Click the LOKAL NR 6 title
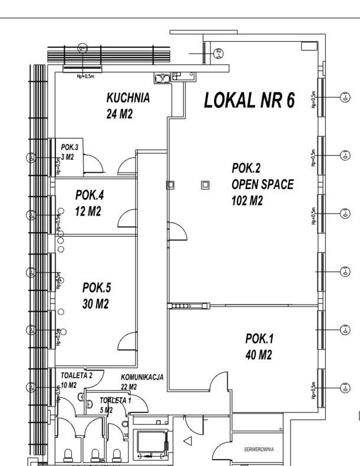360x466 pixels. (x=249, y=101)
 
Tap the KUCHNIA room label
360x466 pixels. (x=127, y=98)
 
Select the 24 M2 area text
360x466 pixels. (x=120, y=114)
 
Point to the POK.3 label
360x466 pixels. (x=70, y=147)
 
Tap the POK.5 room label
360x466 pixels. (x=97, y=287)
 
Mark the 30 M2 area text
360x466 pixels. (x=95, y=304)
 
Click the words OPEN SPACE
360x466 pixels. (x=262, y=184)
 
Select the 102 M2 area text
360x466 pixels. (x=247, y=200)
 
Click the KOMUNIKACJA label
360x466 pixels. (x=142, y=377)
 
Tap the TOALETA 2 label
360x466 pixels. (x=77, y=375)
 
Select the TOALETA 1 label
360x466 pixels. (x=114, y=399)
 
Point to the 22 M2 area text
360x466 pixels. (x=129, y=387)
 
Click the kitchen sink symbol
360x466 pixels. (x=160, y=77)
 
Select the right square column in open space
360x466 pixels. (x=205, y=184)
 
